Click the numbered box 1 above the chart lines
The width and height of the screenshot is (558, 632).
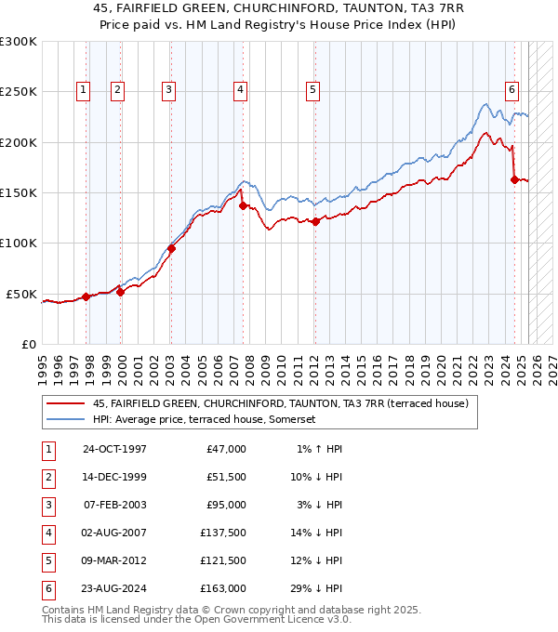tap(84, 90)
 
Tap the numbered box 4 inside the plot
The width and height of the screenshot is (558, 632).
tap(240, 90)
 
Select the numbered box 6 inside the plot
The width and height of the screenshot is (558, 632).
tap(511, 90)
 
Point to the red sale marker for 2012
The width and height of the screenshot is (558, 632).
tap(315, 221)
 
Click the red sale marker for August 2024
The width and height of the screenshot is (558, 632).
tap(514, 179)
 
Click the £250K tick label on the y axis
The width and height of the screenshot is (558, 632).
tap(18, 92)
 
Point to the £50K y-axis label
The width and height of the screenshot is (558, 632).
tap(21, 294)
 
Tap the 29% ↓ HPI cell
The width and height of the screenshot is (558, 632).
tap(315, 588)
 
